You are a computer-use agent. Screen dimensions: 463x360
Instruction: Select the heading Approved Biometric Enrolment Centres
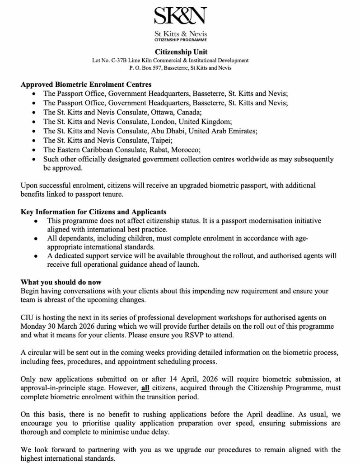(86, 84)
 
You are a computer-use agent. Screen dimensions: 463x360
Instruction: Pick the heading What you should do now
(61, 282)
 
